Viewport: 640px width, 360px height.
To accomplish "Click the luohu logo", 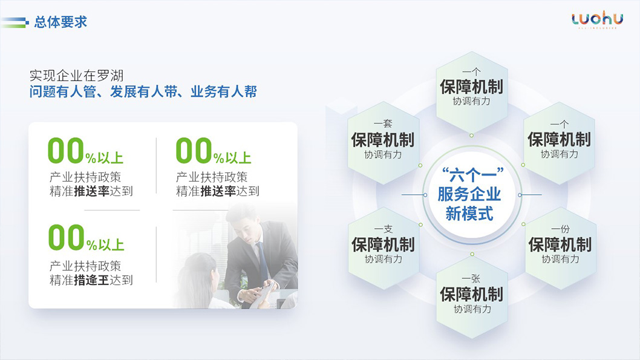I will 596,19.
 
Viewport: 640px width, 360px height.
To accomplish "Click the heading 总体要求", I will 60,22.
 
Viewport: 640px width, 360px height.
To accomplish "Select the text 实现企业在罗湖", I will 76,76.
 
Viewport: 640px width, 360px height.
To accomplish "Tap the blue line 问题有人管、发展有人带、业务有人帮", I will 143,92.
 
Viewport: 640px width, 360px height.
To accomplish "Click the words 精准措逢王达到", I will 91,280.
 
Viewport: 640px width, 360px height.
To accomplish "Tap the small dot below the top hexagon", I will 471,136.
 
